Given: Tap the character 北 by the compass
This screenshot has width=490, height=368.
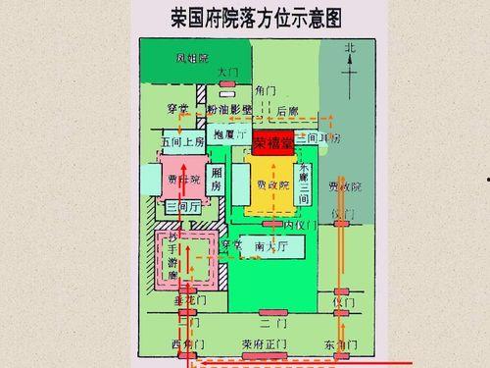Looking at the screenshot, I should click(351, 48).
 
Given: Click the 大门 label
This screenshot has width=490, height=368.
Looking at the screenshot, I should click(227, 73).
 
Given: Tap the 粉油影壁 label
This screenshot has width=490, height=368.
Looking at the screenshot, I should click(230, 110).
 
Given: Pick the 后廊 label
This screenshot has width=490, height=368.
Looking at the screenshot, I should click(287, 111).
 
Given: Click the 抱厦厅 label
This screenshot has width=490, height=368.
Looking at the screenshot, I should click(229, 133).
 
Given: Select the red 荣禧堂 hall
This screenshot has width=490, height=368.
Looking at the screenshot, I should click(273, 143).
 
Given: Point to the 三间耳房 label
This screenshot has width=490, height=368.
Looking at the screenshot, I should click(324, 139).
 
